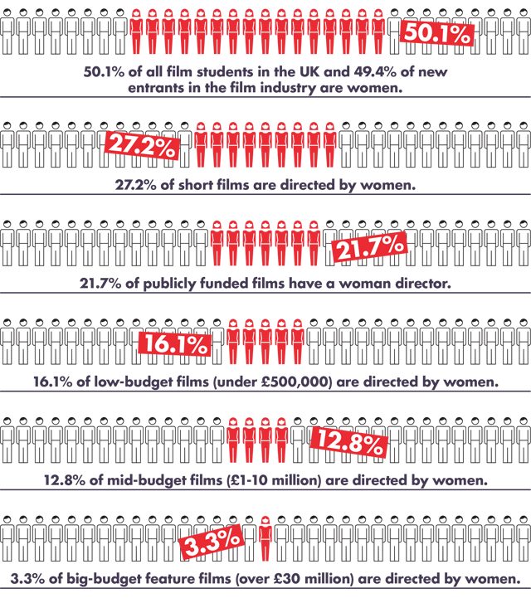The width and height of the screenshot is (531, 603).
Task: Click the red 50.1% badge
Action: (x=437, y=34)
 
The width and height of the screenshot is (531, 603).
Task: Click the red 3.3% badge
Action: (x=212, y=545)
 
